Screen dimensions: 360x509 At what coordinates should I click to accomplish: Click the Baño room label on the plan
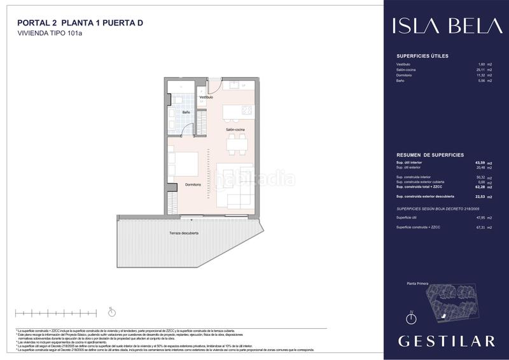(x=186, y=112)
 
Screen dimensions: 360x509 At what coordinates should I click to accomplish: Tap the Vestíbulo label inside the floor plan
(x=206, y=97)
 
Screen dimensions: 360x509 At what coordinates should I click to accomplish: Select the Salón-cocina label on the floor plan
(x=235, y=130)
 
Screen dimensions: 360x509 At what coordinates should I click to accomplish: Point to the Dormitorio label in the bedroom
(x=193, y=184)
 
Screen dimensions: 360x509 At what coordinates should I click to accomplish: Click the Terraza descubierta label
(x=184, y=233)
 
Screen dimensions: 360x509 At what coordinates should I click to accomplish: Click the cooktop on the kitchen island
(x=247, y=110)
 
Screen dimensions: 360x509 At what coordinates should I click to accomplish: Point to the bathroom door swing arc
(x=187, y=129)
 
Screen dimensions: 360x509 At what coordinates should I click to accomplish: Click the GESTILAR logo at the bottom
(x=446, y=341)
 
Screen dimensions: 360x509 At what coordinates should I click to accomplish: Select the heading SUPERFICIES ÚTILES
(x=422, y=56)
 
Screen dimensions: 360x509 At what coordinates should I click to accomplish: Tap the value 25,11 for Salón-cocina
(x=480, y=70)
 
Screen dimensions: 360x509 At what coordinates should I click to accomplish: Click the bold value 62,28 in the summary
(x=480, y=187)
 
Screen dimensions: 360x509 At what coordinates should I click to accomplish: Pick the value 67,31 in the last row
(x=480, y=227)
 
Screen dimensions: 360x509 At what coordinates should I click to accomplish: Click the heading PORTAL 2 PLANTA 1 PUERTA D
(x=80, y=23)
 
